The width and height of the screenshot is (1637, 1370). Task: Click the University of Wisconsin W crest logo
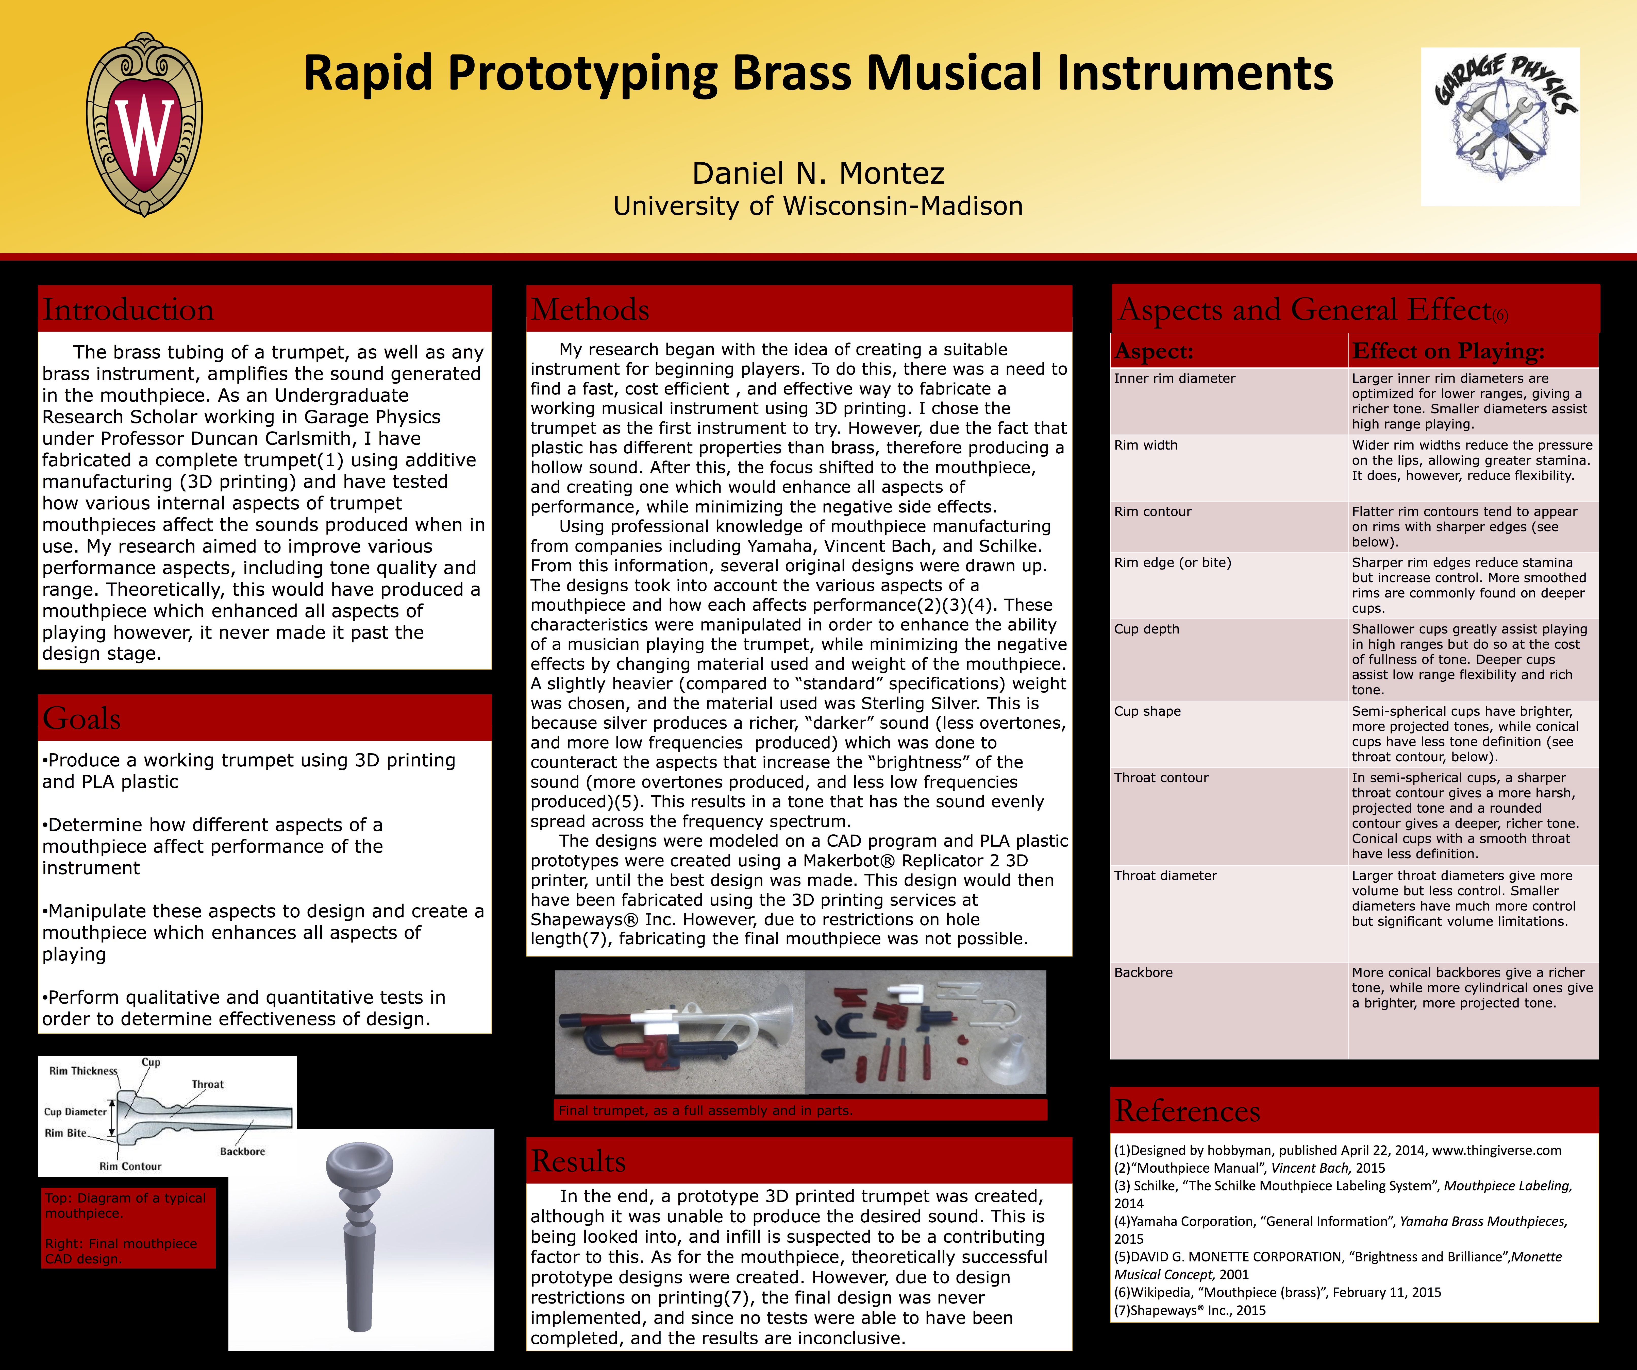point(144,125)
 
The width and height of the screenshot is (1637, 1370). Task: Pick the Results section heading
point(578,1161)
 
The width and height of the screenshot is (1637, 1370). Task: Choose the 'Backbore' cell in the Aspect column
point(1144,972)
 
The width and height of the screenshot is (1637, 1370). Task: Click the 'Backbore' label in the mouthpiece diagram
point(242,1151)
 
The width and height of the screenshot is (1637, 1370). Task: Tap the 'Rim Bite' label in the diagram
point(65,1133)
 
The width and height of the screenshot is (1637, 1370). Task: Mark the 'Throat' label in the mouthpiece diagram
point(207,1084)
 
